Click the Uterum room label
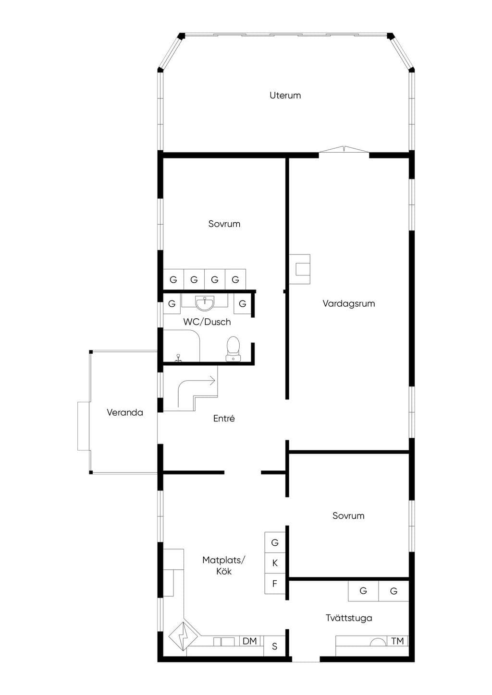285,95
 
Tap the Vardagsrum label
348,303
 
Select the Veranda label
125,412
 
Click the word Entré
224,418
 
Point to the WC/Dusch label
207,322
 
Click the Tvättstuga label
349,618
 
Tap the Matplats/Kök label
223,565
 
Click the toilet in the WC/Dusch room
233,349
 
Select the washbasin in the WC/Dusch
205,303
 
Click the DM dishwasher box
249,641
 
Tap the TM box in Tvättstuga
397,641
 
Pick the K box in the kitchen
275,563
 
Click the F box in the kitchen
275,584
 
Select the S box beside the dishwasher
274,646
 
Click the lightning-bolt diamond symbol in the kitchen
183,636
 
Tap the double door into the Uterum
344,150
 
